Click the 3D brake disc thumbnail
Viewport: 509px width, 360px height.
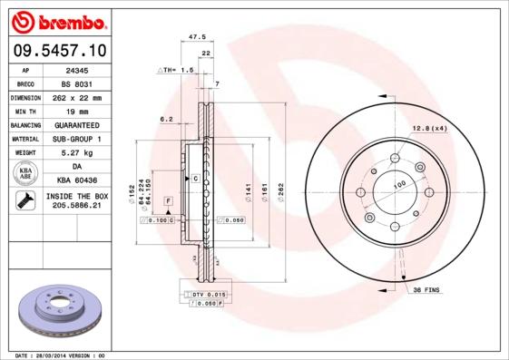tap(61, 308)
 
